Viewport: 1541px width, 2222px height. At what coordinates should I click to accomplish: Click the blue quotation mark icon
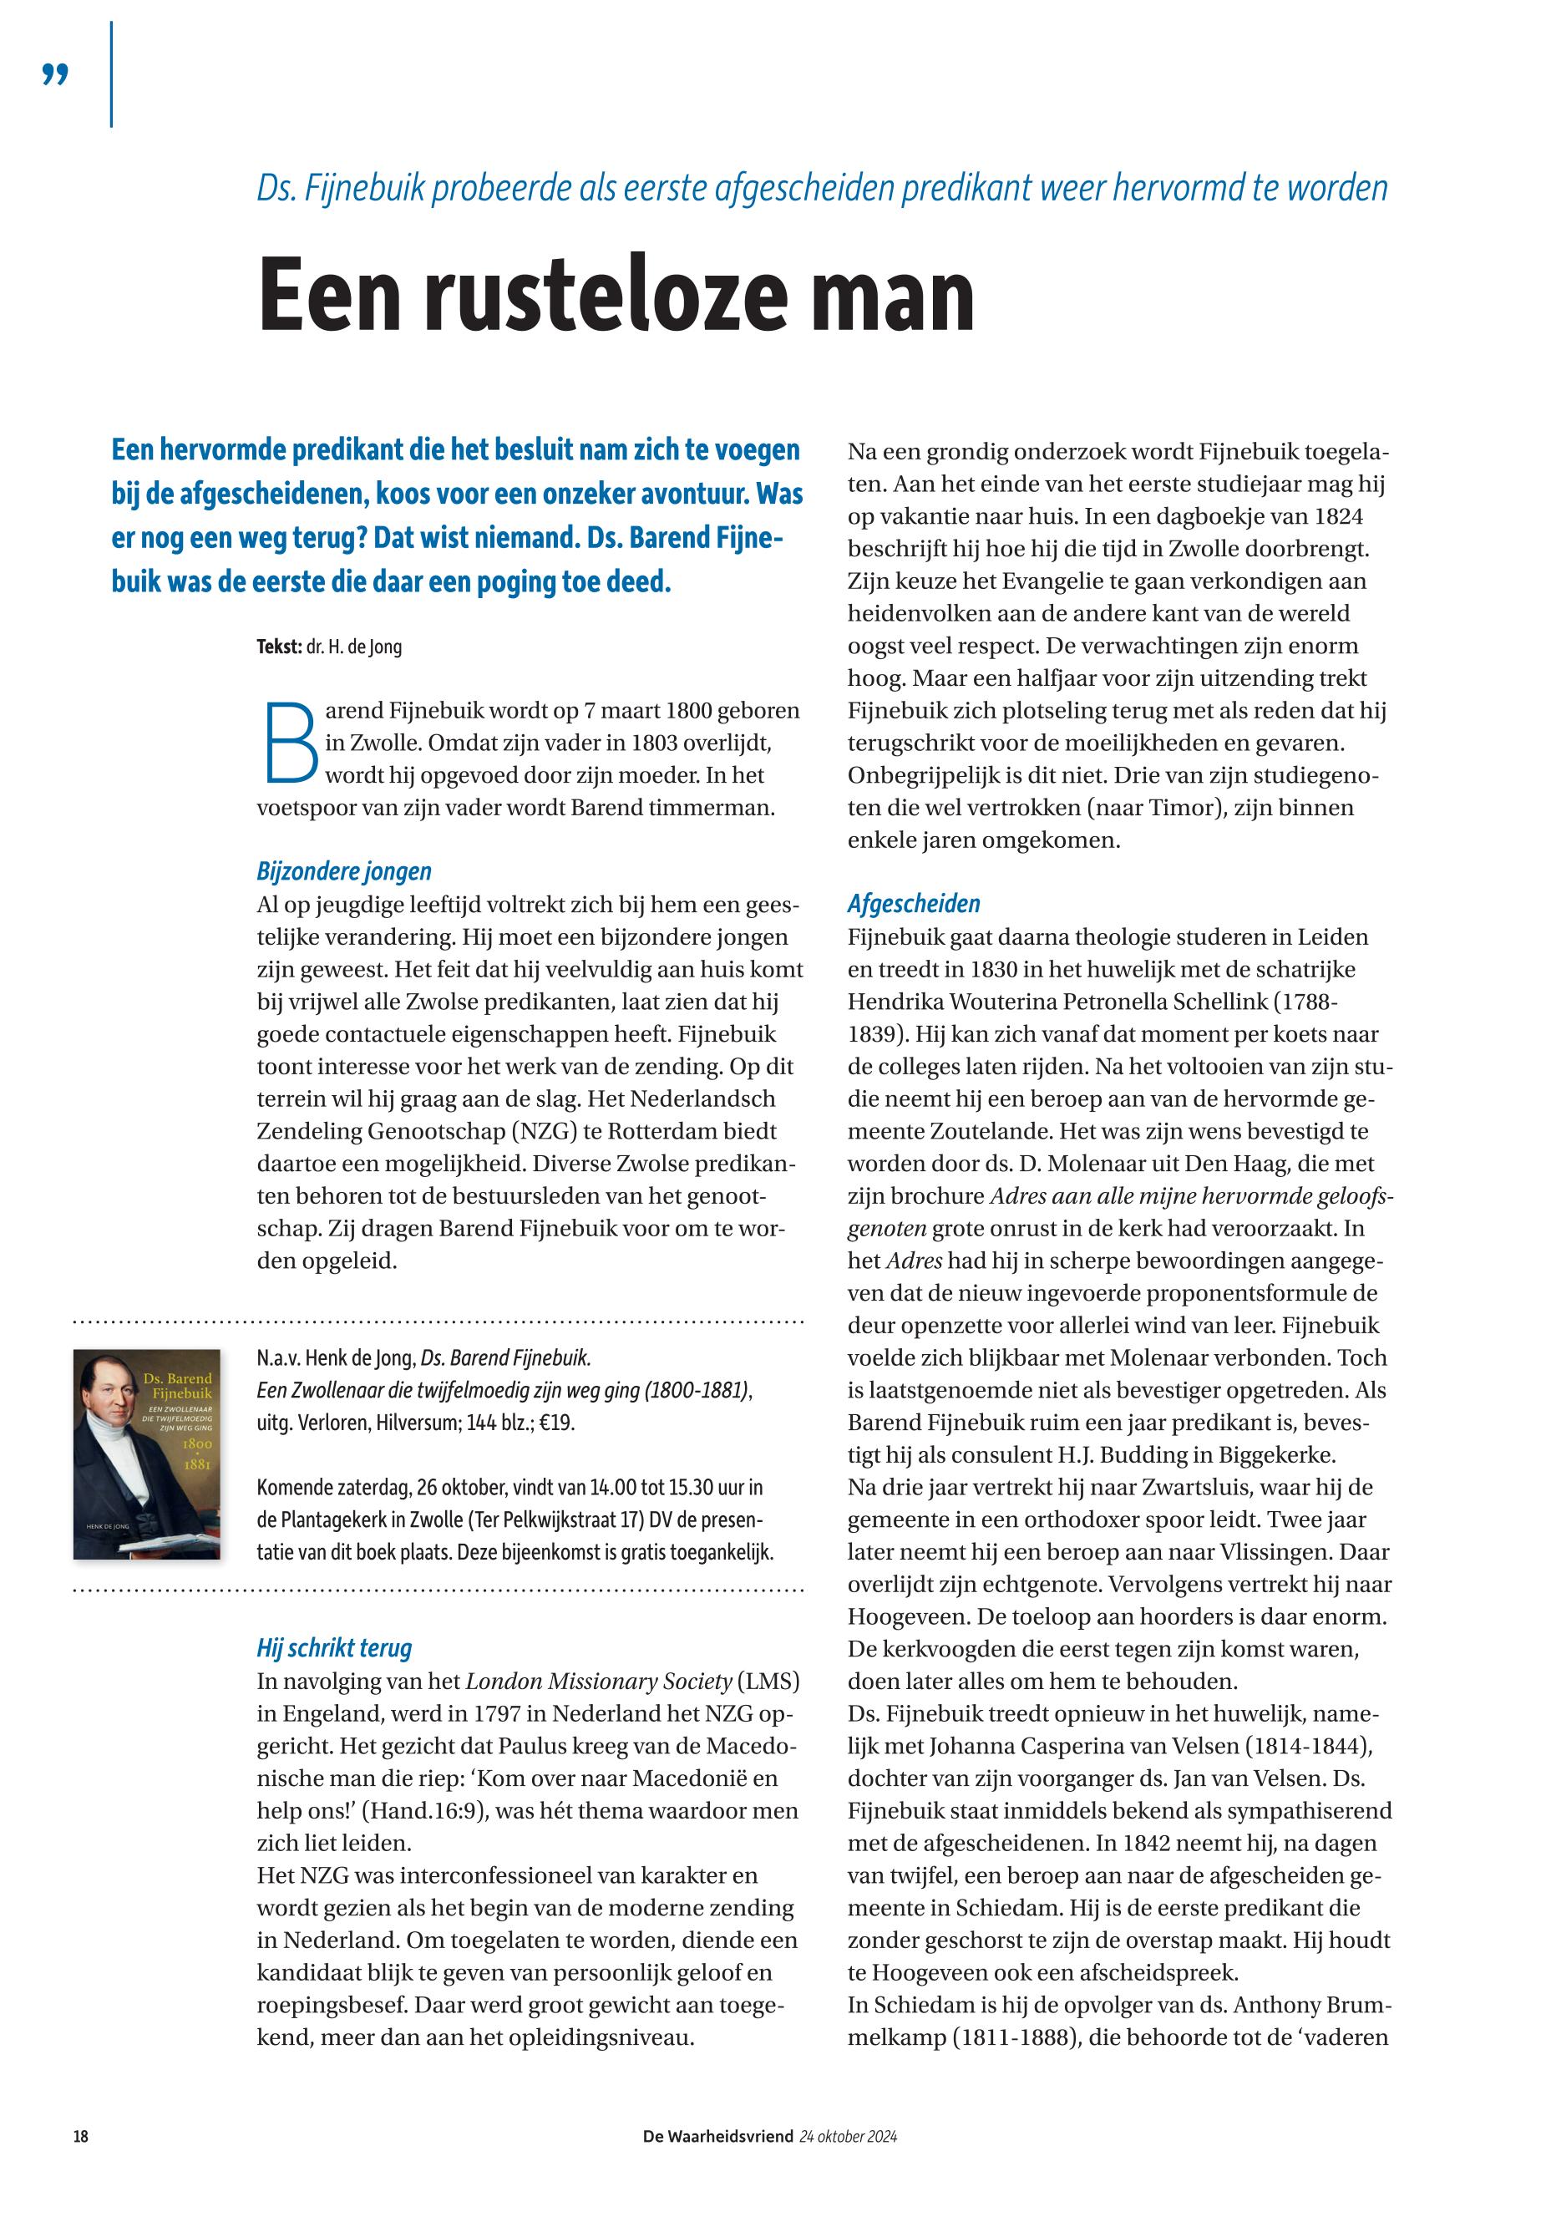click(x=56, y=74)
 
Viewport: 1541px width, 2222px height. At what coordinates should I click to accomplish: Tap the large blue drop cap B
click(x=289, y=742)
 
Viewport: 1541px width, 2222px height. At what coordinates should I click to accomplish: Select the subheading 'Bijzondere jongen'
click(x=344, y=871)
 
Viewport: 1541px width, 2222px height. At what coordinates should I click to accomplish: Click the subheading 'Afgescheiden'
click(x=914, y=904)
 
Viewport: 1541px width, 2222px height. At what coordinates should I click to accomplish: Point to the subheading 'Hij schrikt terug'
click(x=334, y=1647)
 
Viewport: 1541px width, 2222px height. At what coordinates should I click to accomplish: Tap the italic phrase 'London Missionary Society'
click(x=599, y=1682)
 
